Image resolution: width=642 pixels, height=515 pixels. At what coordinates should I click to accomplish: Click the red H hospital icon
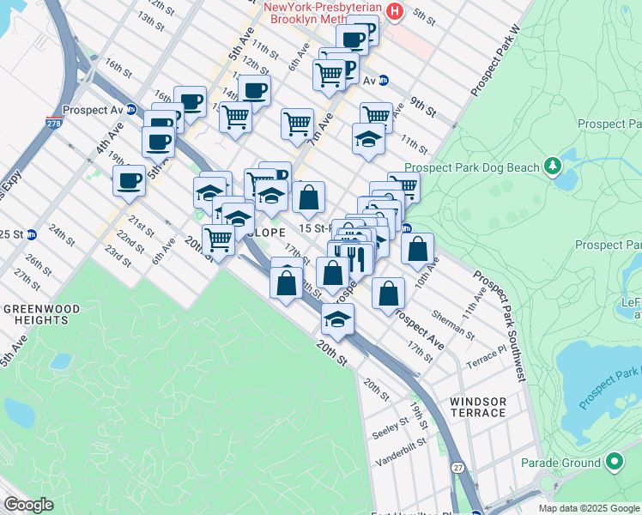[x=395, y=11]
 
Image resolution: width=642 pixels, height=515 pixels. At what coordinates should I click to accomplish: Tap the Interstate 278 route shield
[x=52, y=126]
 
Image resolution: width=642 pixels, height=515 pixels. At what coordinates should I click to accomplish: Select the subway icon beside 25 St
[x=32, y=234]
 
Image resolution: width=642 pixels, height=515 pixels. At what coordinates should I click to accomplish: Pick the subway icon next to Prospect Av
[x=131, y=110]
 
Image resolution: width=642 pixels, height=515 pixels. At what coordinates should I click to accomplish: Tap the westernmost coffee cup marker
[x=129, y=180]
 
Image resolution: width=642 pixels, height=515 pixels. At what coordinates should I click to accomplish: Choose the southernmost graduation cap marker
[x=338, y=319]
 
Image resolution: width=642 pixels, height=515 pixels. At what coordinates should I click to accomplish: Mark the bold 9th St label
[x=423, y=106]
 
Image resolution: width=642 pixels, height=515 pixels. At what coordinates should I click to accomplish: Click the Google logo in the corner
[x=28, y=505]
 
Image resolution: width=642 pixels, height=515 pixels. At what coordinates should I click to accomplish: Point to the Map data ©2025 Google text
[x=589, y=508]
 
